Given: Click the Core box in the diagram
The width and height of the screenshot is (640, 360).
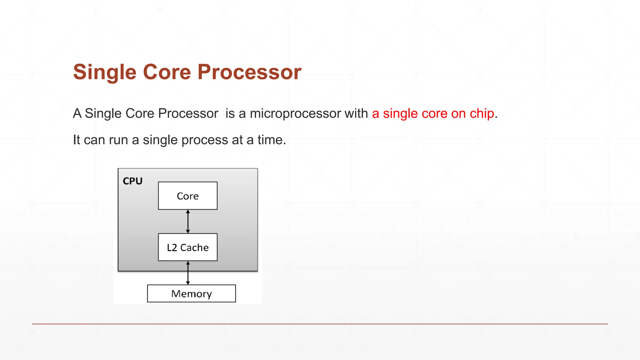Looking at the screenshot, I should tap(187, 196).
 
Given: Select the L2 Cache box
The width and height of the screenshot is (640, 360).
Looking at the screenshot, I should tap(187, 247).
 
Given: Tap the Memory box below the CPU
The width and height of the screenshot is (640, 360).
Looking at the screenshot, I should tap(191, 293).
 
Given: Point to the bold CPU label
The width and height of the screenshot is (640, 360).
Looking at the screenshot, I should tap(132, 181).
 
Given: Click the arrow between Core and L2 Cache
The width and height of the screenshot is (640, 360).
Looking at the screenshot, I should tap(188, 221).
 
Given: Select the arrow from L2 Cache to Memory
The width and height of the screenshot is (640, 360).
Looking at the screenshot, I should tap(188, 273).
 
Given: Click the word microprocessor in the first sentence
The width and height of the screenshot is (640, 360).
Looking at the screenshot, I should tap(295, 113).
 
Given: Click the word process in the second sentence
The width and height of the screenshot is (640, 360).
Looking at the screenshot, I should tap(205, 140).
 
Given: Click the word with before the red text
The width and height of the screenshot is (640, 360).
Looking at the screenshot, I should tap(356, 113).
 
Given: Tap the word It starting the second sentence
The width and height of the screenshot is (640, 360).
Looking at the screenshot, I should tap(76, 140).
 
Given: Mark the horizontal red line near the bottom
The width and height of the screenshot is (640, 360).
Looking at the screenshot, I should tap(320, 324).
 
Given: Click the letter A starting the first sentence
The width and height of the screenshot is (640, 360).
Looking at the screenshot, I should tap(77, 113).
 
